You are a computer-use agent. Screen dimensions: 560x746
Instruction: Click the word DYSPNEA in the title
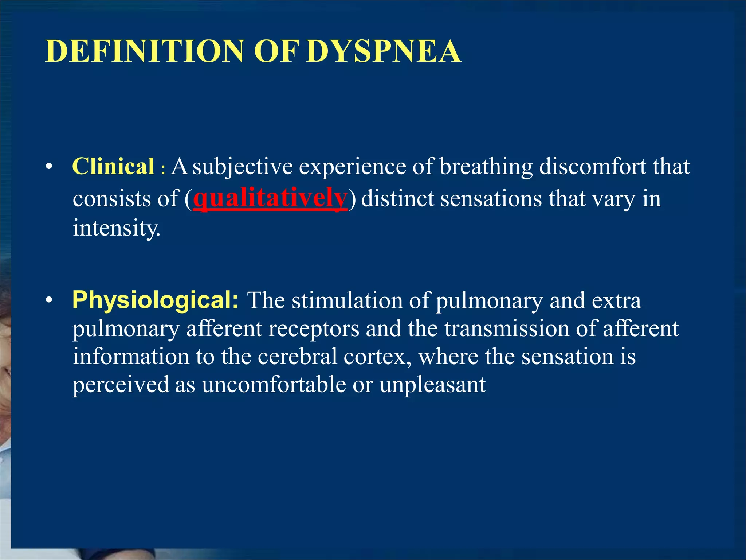[x=383, y=51]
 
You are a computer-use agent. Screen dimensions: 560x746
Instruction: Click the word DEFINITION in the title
[x=144, y=51]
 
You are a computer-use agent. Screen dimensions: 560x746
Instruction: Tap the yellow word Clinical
[x=113, y=167]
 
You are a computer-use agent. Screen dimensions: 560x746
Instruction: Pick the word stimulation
[x=347, y=301]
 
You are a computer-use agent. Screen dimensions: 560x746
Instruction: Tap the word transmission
[x=506, y=328]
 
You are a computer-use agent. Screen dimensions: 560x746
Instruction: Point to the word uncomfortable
[x=274, y=385]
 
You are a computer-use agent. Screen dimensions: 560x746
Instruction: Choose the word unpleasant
[x=432, y=385]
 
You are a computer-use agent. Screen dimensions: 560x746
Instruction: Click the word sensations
[x=491, y=199]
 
